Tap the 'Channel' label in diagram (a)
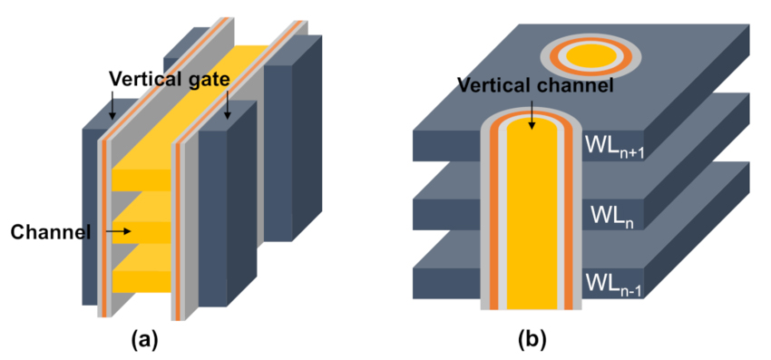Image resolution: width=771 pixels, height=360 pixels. (x=51, y=232)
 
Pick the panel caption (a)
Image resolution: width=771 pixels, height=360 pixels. (x=145, y=340)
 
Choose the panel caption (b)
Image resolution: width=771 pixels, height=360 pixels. (x=532, y=340)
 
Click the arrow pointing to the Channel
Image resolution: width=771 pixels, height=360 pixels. (x=119, y=232)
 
